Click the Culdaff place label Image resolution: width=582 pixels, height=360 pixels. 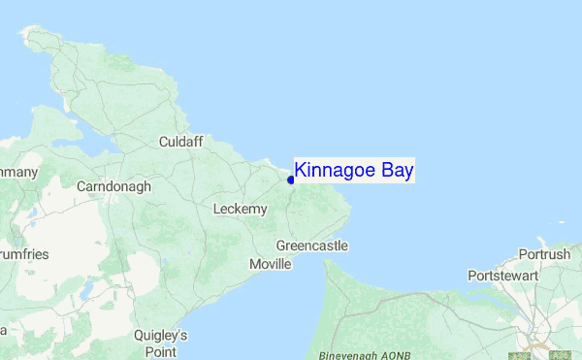(180, 142)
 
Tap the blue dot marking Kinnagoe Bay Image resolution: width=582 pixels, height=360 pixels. (291, 180)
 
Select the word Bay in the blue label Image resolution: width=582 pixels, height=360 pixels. (398, 171)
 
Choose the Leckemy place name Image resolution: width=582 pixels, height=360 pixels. (240, 209)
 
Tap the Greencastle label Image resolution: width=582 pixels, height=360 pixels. (311, 246)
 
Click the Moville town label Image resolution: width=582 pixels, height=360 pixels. (270, 264)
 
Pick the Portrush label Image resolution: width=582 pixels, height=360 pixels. (545, 254)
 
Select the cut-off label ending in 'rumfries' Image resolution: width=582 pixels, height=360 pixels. (23, 254)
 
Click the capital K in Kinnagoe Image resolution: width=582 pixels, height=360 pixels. (301, 171)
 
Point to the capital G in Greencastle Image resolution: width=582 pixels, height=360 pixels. (281, 246)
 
